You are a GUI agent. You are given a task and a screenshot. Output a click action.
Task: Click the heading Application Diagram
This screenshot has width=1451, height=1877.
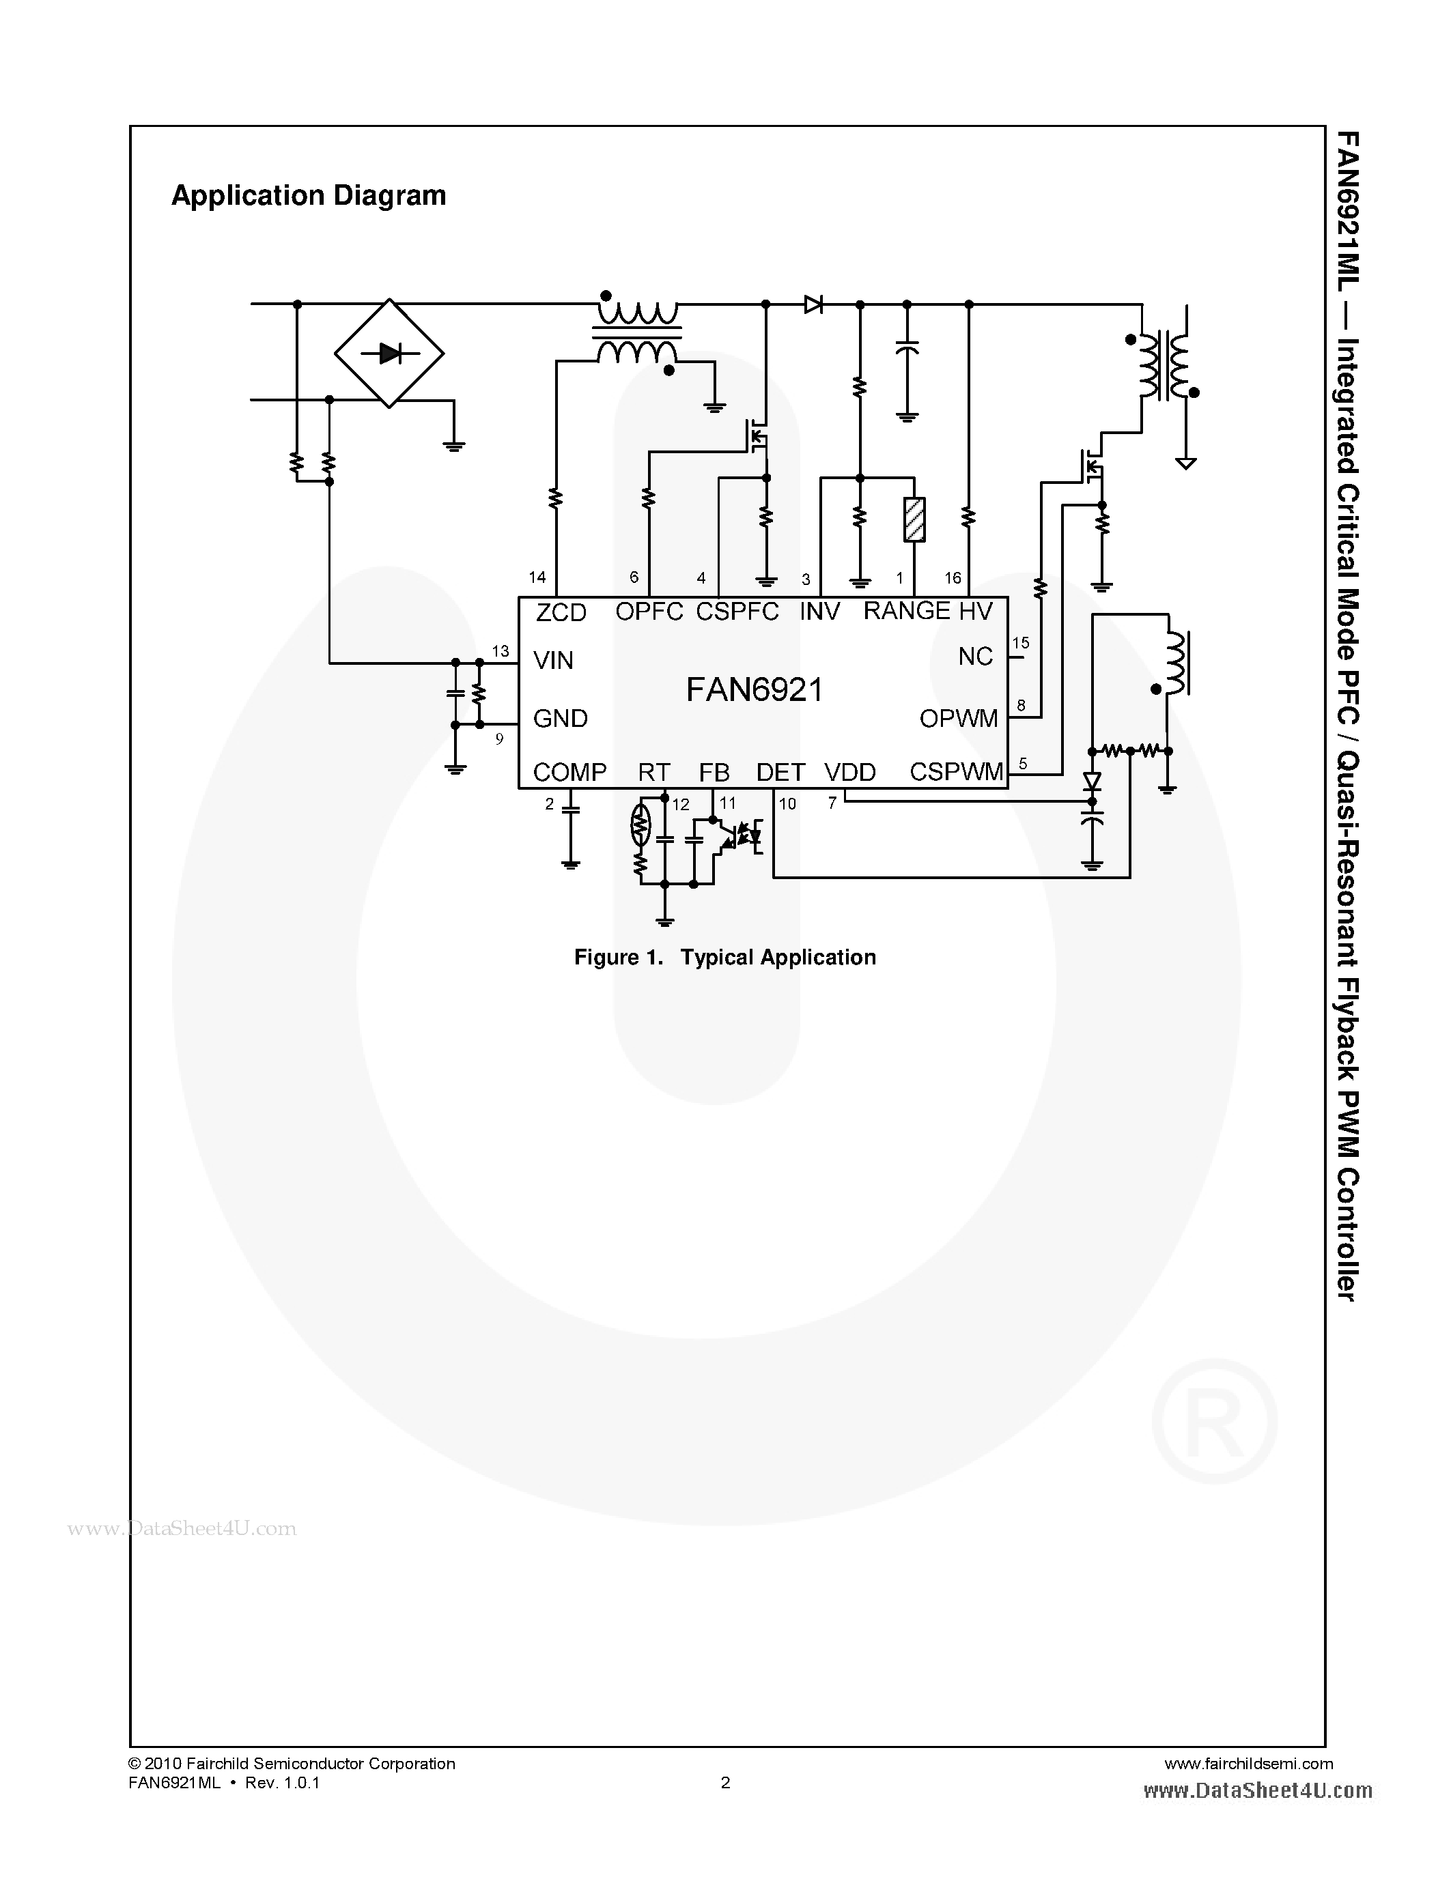tap(309, 196)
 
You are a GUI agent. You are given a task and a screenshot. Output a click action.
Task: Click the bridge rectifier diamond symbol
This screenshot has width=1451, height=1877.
tap(389, 354)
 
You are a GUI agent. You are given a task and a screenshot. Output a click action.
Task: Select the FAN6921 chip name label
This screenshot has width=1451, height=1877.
tap(754, 689)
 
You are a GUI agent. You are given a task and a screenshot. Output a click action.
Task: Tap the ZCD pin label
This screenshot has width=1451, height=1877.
tap(561, 613)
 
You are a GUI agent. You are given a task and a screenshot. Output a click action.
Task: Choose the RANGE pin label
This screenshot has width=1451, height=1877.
tap(906, 611)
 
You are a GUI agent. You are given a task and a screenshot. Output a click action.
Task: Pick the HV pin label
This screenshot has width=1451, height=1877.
tap(976, 611)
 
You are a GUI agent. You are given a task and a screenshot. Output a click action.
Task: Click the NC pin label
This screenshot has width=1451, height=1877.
tap(976, 657)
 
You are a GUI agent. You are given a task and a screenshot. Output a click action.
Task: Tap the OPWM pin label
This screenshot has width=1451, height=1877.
tap(959, 719)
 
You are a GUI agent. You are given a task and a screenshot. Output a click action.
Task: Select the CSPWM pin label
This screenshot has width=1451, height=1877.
tap(956, 772)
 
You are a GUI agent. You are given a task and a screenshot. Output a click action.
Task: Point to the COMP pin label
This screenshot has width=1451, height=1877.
tap(569, 772)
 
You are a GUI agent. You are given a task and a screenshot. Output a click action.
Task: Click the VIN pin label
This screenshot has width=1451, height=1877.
tap(552, 660)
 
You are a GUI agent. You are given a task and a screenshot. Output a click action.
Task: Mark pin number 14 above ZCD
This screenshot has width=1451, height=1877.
tap(537, 577)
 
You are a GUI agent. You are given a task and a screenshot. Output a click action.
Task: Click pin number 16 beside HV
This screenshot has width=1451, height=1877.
tap(953, 578)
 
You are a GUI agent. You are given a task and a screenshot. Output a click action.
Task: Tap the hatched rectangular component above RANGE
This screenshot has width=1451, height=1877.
tap(914, 520)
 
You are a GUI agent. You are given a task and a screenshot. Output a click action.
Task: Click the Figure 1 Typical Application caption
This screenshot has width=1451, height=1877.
tap(724, 958)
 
